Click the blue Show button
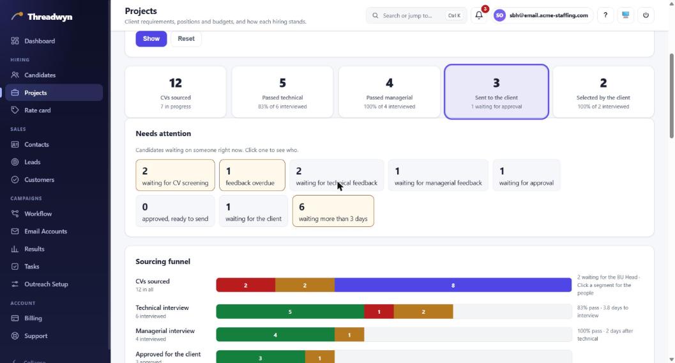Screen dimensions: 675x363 151,39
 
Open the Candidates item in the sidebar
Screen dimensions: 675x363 40,75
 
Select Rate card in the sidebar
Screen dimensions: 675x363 38,110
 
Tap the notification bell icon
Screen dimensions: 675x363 479,15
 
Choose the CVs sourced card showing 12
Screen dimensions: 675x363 176,92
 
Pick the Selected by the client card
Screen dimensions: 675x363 603,92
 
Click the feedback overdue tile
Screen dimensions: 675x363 252,175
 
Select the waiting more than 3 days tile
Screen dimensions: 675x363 333,211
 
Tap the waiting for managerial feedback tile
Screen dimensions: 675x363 438,175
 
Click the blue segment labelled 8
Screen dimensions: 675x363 453,285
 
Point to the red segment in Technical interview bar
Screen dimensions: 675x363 379,312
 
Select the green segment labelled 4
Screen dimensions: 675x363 275,335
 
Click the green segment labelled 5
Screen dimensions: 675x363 290,312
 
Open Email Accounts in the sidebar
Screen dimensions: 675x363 45,231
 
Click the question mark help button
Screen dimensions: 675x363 605,15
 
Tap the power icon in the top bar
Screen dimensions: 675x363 646,15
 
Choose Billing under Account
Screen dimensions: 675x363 33,318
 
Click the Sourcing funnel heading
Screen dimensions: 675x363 163,261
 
